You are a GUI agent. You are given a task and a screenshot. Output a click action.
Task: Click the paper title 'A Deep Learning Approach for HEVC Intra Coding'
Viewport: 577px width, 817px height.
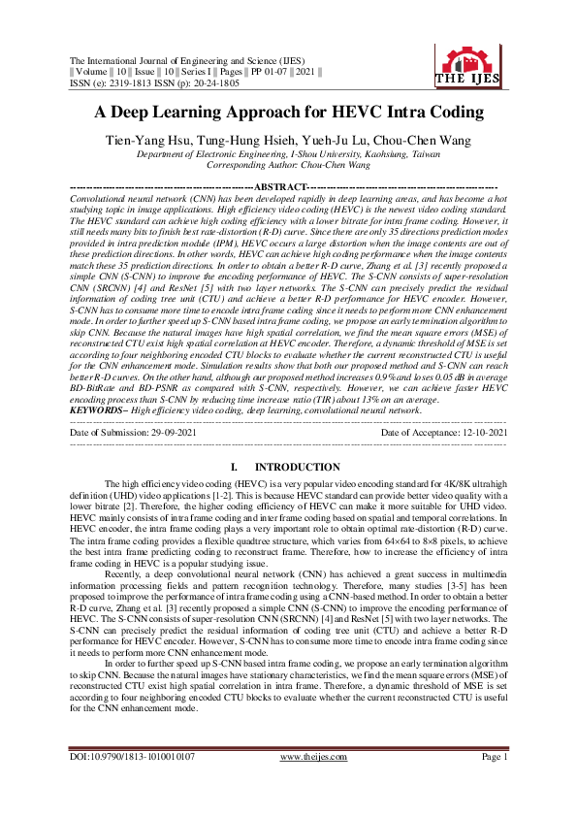click(288, 112)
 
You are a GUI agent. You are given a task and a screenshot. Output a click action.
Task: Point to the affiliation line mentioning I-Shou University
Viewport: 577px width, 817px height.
click(288, 154)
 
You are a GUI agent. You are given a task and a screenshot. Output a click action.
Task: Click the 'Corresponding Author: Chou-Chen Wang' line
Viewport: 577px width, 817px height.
click(288, 166)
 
